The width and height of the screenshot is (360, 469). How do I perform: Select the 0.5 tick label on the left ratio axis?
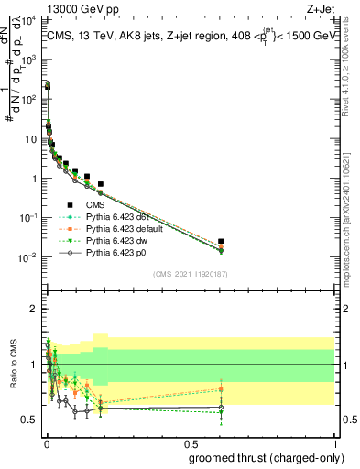click(x=29, y=420)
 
